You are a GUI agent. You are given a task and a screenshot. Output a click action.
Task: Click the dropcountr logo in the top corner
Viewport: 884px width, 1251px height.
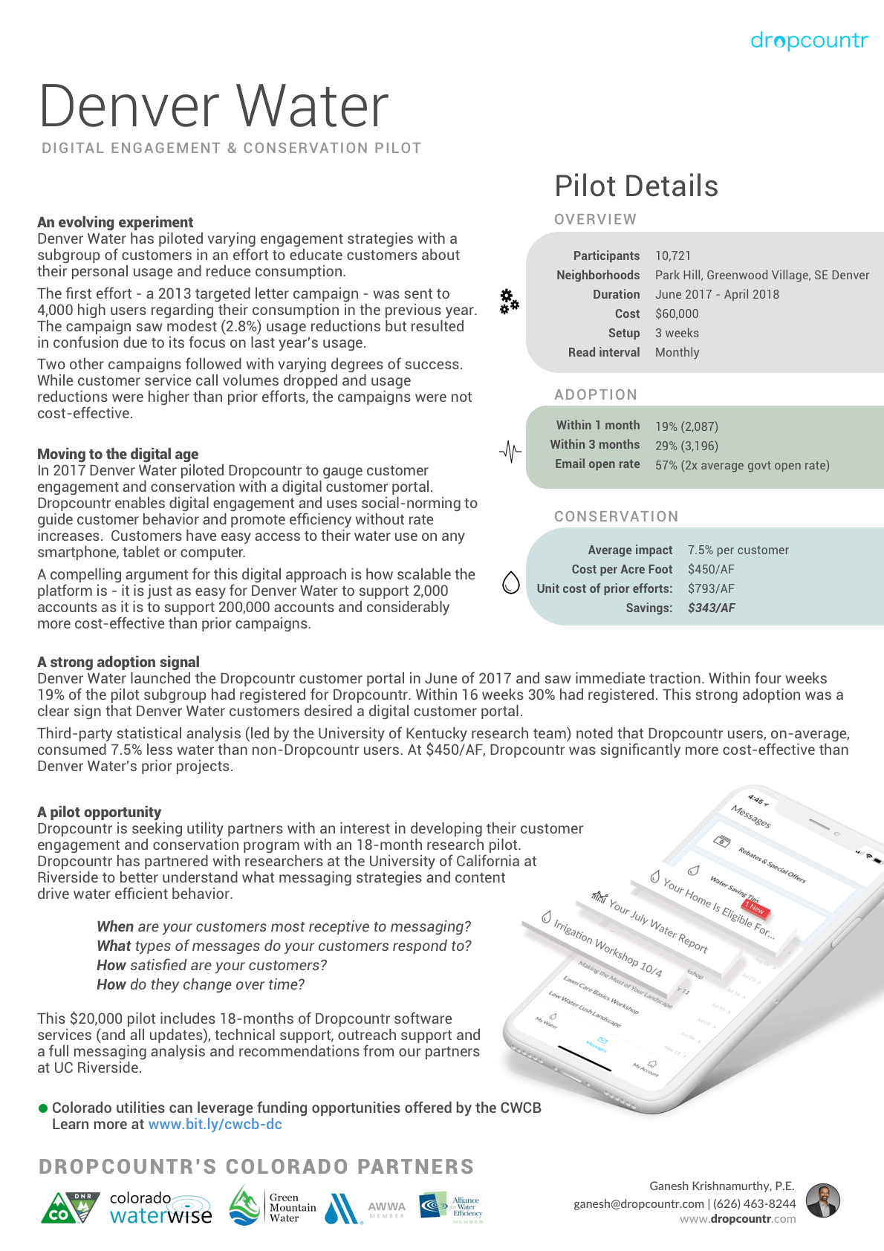click(x=808, y=40)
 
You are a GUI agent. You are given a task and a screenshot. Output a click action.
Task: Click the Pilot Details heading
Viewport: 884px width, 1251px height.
click(x=636, y=186)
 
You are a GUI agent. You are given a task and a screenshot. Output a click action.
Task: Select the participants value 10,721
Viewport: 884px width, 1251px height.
click(x=672, y=256)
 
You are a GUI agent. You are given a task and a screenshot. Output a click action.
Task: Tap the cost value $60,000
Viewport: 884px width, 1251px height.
click(x=676, y=313)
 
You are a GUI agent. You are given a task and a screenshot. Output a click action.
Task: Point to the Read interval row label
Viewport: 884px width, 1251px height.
click(x=603, y=352)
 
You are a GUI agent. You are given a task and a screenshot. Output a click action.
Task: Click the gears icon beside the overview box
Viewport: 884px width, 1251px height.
click(x=509, y=301)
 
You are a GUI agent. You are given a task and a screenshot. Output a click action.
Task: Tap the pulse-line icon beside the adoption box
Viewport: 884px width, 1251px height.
click(x=510, y=451)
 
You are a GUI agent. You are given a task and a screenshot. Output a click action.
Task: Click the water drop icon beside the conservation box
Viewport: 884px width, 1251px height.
click(x=511, y=583)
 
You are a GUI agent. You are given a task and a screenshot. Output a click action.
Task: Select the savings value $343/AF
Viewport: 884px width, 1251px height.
click(x=711, y=608)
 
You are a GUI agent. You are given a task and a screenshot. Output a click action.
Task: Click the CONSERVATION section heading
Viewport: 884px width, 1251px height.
click(x=616, y=516)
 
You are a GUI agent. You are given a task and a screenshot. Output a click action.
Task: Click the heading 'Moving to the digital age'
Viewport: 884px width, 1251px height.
click(x=117, y=454)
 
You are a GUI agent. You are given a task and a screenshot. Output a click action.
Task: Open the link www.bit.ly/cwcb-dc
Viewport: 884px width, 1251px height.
click(x=215, y=1124)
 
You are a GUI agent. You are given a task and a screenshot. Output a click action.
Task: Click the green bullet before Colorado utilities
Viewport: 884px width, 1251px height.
click(x=43, y=1108)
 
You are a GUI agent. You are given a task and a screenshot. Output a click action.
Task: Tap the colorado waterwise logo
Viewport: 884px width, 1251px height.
click(x=160, y=1207)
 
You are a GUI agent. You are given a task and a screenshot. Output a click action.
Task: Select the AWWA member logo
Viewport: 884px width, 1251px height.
click(x=386, y=1209)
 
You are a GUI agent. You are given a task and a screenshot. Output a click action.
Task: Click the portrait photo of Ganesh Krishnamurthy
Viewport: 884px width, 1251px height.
click(x=823, y=1200)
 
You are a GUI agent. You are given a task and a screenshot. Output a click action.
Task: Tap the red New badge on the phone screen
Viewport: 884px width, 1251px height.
click(x=755, y=908)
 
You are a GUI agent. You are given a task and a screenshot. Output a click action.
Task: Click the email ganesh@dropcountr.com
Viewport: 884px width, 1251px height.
click(x=638, y=1203)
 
